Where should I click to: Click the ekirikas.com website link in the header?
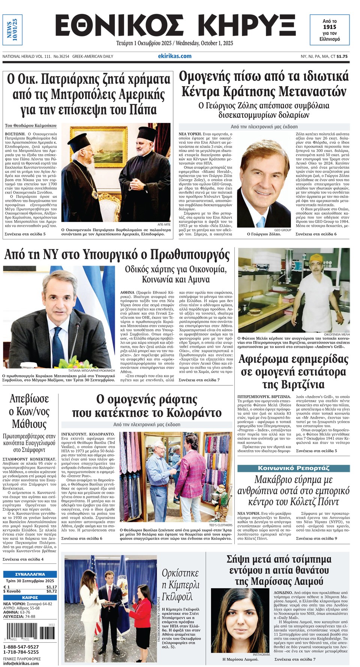pos(174,56)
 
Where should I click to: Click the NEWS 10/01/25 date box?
pos(12,30)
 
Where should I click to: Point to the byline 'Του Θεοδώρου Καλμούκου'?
pos(31,126)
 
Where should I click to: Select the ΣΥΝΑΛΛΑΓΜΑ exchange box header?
pos(30,574)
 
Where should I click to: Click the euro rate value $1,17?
pos(52,587)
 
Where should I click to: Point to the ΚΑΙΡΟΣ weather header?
pos(30,598)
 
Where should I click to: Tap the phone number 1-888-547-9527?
pos(21,647)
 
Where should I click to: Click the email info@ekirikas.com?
pos(21,663)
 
